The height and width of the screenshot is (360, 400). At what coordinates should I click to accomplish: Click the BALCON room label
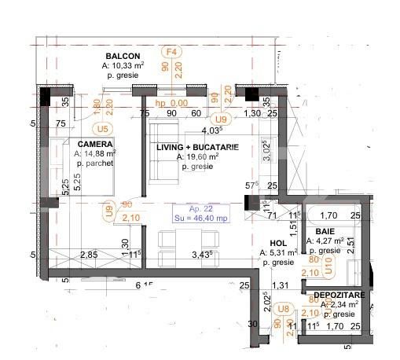(x=123, y=56)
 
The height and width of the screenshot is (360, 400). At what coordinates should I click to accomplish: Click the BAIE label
(x=326, y=231)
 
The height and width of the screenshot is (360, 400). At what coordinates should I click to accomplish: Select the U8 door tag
(x=283, y=310)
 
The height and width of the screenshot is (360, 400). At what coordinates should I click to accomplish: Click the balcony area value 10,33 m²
(x=123, y=66)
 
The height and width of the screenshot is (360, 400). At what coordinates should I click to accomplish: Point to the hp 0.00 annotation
(x=171, y=103)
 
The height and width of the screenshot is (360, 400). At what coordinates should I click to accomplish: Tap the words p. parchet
(x=96, y=164)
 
